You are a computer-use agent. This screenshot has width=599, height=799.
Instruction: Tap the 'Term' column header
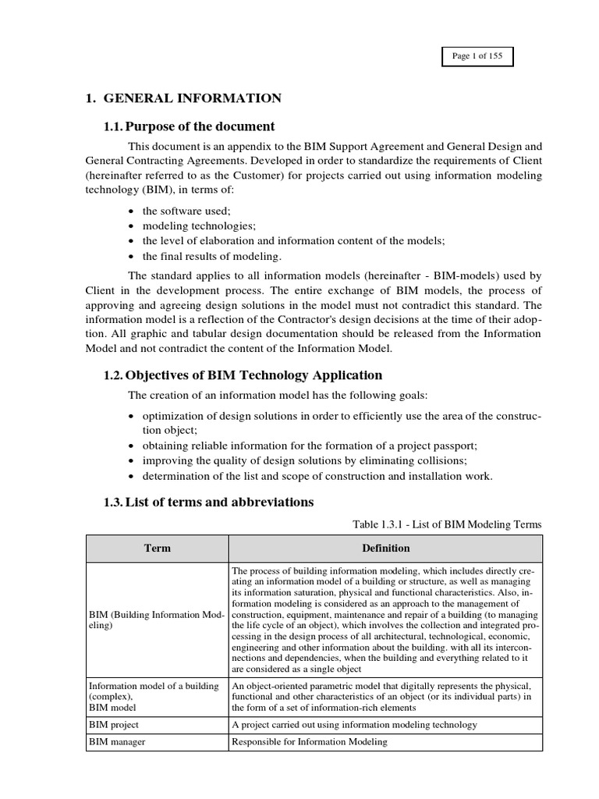click(x=156, y=549)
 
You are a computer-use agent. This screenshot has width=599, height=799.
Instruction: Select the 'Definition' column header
click(x=385, y=549)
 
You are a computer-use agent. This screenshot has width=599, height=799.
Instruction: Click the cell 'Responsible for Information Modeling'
click(x=310, y=741)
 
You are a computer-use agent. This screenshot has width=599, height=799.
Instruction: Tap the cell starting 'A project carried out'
click(x=355, y=725)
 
